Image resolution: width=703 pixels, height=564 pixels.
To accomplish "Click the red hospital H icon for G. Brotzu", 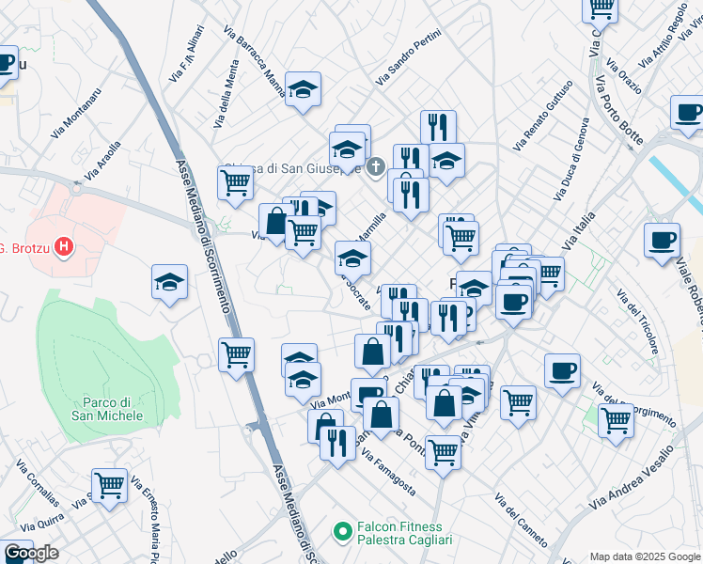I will tap(63, 248).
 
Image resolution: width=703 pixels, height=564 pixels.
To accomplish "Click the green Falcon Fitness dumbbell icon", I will tap(343, 533).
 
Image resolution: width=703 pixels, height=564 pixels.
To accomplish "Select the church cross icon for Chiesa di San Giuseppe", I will tap(375, 167).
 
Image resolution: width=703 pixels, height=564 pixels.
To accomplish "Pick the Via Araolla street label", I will tap(102, 160).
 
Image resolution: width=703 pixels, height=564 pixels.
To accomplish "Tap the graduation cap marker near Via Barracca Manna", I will tap(303, 88).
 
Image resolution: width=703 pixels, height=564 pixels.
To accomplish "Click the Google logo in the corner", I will tap(30, 554).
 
